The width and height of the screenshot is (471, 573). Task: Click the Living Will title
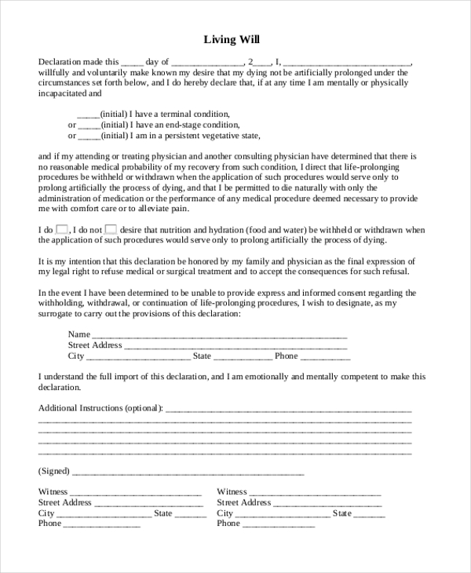coord(232,38)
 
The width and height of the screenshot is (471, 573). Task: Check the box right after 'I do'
coord(61,229)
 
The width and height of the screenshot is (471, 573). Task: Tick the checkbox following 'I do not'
coord(111,229)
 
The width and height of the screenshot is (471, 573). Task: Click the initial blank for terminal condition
coord(88,115)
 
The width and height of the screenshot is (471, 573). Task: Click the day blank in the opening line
coord(133,62)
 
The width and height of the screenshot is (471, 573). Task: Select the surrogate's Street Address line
coord(235,346)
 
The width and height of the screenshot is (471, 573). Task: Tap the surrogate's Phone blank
coord(326,357)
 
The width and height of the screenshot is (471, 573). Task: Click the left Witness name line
coord(137,493)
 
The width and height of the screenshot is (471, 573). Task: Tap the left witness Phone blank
coord(101,525)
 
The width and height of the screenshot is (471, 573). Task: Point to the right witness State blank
coord(370,514)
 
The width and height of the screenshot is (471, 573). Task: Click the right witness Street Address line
coord(327,504)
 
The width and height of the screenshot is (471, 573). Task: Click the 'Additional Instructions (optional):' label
coord(100,408)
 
